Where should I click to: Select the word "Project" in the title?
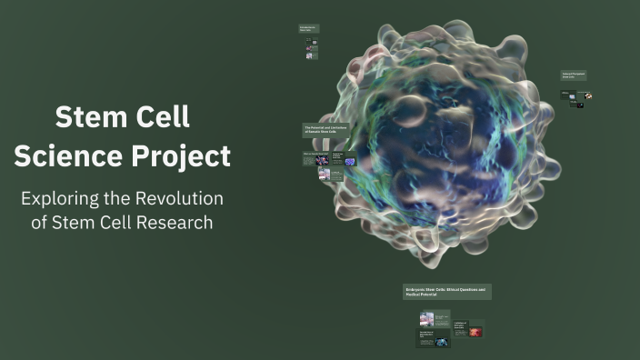click(x=181, y=155)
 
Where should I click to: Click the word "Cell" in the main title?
click(x=165, y=117)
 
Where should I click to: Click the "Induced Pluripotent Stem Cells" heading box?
click(x=574, y=75)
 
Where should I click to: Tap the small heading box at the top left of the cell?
click(x=309, y=28)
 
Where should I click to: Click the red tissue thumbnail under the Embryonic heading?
click(x=475, y=332)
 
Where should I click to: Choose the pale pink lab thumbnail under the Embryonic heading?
click(x=426, y=319)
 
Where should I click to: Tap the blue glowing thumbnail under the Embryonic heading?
click(x=441, y=342)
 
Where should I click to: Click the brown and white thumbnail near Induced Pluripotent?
click(x=589, y=95)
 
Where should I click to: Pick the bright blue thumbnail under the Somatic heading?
click(x=350, y=162)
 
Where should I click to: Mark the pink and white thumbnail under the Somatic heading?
click(x=325, y=174)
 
